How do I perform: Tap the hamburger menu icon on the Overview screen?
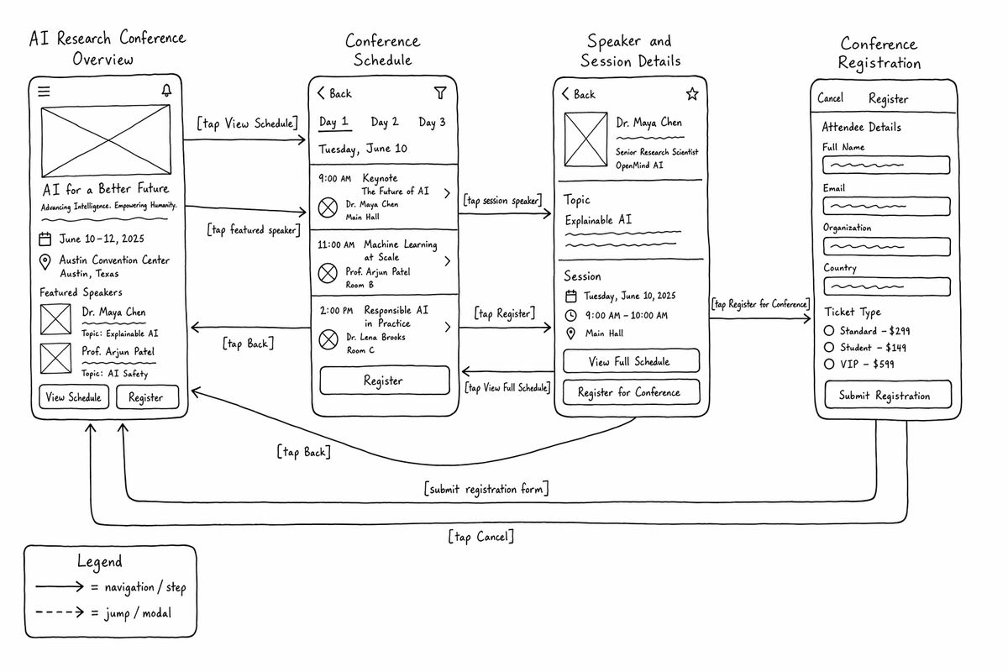click(x=44, y=92)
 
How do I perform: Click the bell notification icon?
click(x=166, y=91)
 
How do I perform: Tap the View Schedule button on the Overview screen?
click(x=74, y=397)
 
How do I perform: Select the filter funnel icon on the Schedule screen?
click(x=440, y=92)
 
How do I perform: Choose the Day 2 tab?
click(x=385, y=122)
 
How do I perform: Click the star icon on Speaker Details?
click(x=692, y=94)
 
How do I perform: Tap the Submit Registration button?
click(x=888, y=395)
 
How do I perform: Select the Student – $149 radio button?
click(x=829, y=348)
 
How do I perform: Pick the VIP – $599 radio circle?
click(x=829, y=364)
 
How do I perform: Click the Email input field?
click(x=886, y=206)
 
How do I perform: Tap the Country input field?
click(x=886, y=286)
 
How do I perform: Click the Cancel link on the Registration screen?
click(x=830, y=98)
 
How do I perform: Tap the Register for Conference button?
click(x=632, y=392)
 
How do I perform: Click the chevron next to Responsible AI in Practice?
click(x=447, y=327)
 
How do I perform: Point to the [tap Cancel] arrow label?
click(x=481, y=537)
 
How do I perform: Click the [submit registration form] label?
click(x=486, y=489)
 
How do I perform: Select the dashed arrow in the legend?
click(x=60, y=612)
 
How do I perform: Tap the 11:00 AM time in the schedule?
click(x=336, y=244)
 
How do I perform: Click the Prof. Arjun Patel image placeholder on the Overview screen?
click(x=55, y=359)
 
